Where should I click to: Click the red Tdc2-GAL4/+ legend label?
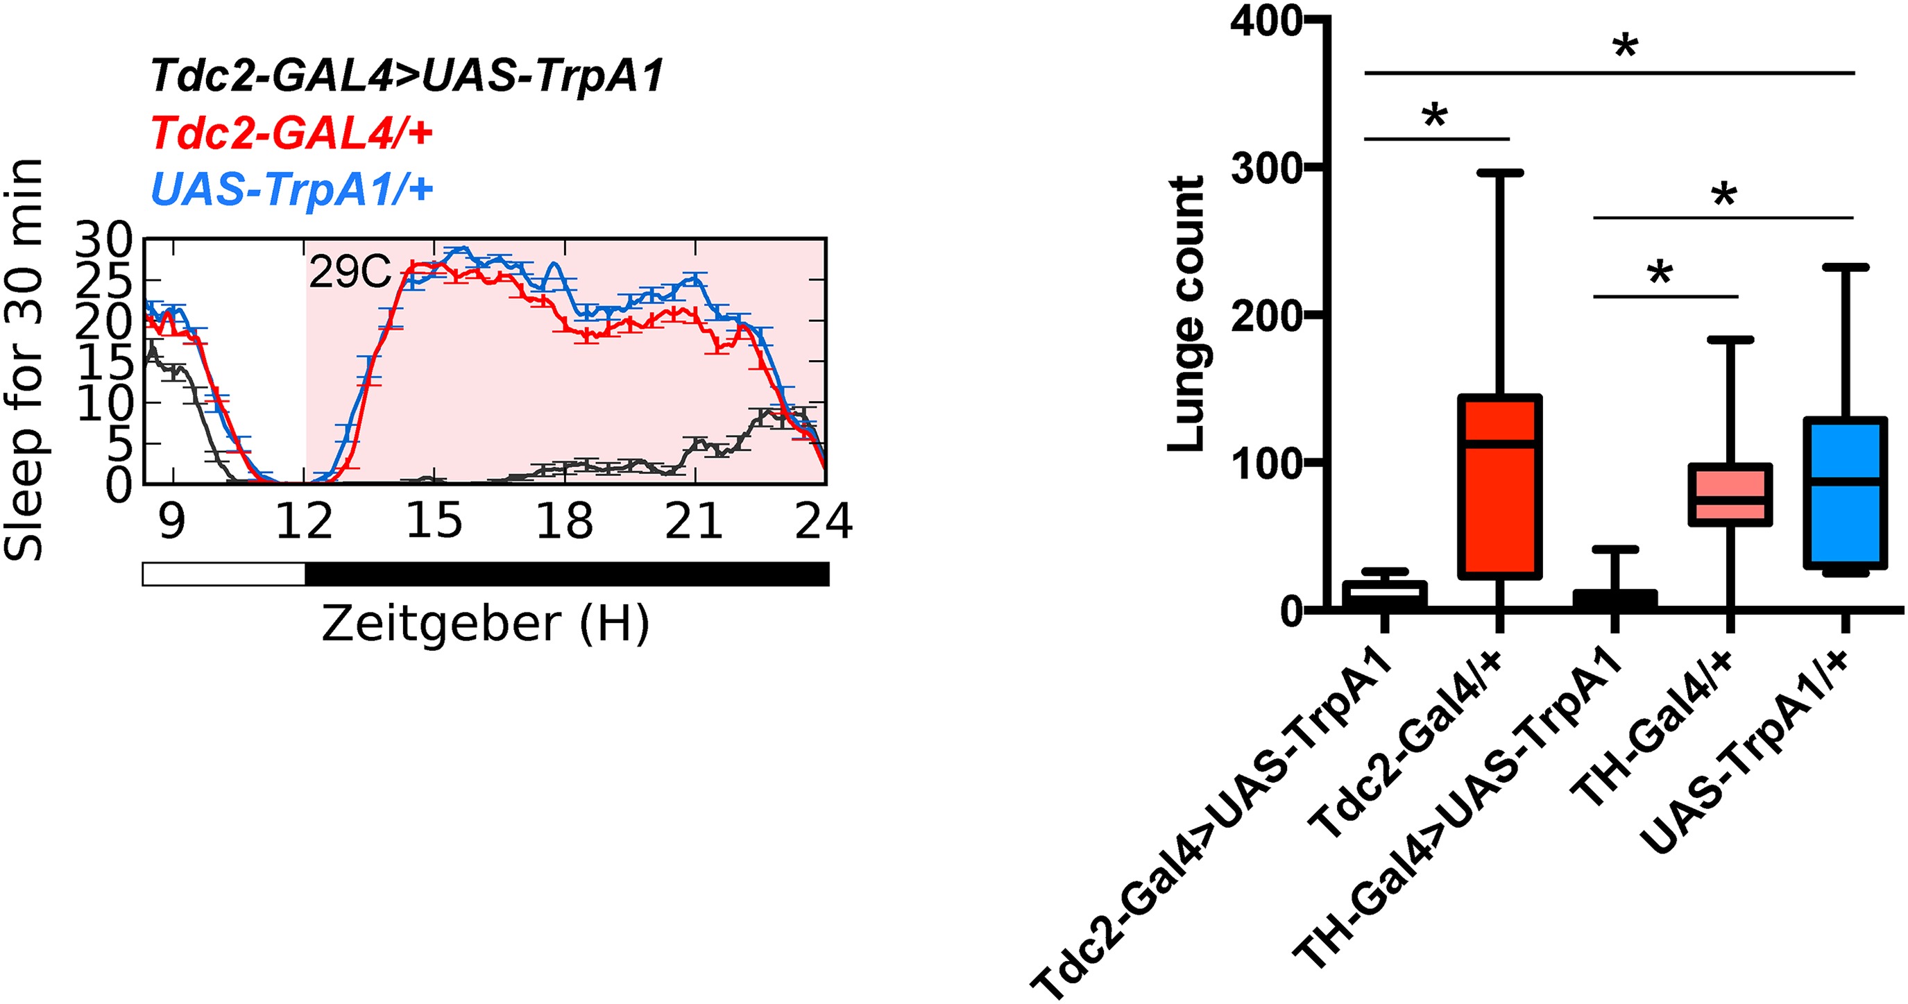[x=292, y=133]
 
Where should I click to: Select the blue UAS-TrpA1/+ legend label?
[x=292, y=189]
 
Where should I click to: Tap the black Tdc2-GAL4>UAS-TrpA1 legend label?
[x=407, y=76]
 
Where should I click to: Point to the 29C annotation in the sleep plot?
[x=349, y=273]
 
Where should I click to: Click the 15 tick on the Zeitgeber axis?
[x=434, y=521]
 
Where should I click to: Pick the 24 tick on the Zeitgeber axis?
[x=823, y=521]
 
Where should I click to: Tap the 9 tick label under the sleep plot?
[x=171, y=521]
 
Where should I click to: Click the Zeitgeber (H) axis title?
[x=485, y=623]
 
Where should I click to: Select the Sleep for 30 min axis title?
[x=24, y=359]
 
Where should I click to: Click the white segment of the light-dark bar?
[x=223, y=575]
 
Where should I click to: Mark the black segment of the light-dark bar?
[x=567, y=575]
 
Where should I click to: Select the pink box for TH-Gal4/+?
[x=1730, y=495]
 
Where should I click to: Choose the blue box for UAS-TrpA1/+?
[x=1845, y=493]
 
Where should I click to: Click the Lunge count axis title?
[x=1186, y=314]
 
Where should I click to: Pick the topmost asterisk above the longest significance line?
[x=1625, y=48]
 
